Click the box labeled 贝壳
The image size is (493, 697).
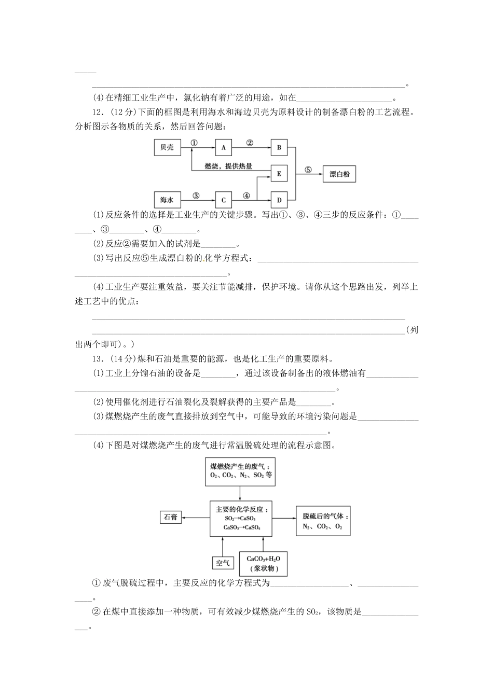coord(167,148)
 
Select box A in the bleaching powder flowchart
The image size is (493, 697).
coord(224,148)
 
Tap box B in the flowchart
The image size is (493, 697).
coord(279,148)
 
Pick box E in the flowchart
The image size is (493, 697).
coord(279,174)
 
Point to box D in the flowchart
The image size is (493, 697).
coord(279,200)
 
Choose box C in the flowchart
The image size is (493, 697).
coord(224,200)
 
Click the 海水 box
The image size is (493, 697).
coord(167,200)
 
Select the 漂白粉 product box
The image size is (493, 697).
coord(340,174)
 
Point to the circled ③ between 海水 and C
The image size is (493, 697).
coord(196,196)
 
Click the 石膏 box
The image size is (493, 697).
coord(171,517)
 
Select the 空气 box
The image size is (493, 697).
coord(223,563)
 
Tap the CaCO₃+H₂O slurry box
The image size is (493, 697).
coord(263,563)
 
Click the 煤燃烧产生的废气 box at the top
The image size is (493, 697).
coord(240,471)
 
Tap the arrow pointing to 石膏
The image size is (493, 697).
coord(196,517)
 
